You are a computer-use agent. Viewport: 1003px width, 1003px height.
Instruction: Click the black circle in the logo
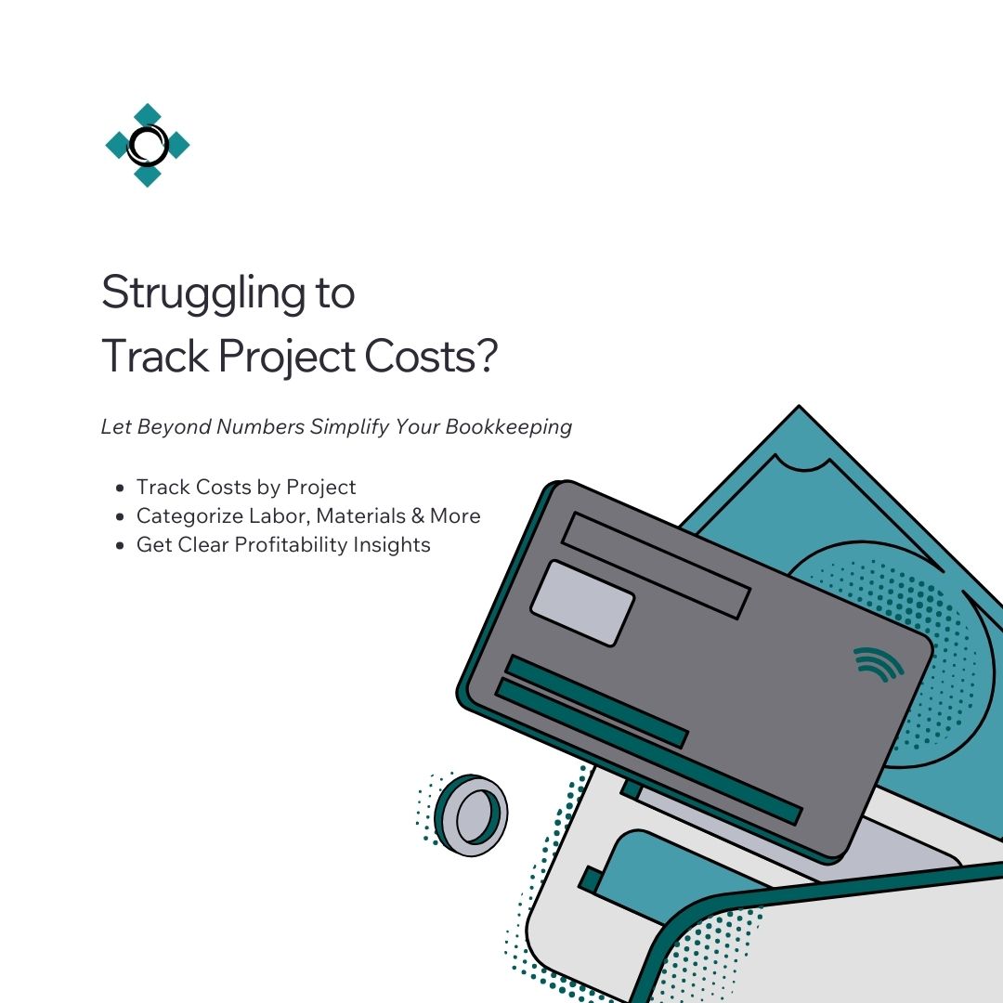click(x=148, y=145)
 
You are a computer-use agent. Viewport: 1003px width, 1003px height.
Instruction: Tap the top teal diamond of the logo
click(x=148, y=115)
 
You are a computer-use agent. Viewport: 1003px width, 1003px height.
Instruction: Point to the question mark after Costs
click(x=484, y=358)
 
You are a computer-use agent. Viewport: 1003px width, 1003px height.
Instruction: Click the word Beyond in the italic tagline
click(x=175, y=427)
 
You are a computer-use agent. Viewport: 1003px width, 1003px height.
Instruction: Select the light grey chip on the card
click(x=582, y=603)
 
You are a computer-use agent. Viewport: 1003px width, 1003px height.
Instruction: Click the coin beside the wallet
click(x=472, y=814)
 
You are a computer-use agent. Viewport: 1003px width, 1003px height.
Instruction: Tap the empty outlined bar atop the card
click(x=656, y=565)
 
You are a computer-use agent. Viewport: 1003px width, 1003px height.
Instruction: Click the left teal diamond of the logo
click(x=118, y=145)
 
